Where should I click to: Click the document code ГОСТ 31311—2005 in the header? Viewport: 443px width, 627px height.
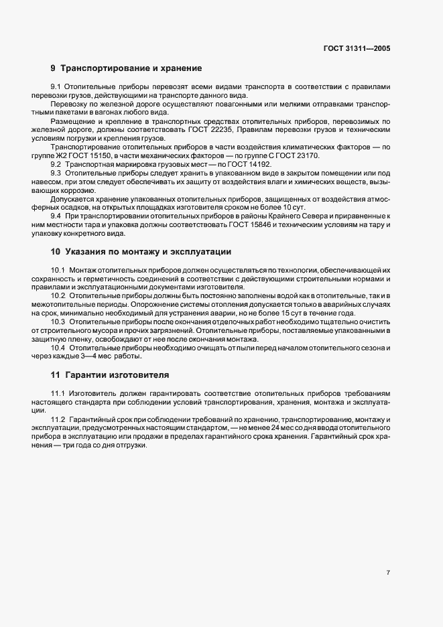[357, 49]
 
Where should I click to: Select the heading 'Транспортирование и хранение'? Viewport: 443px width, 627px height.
[131, 68]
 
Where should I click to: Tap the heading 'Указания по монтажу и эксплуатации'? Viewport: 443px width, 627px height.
[148, 252]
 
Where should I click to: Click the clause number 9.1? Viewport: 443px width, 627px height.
[56, 88]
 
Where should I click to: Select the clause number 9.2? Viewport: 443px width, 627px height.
[56, 164]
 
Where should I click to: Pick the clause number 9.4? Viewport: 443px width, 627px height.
[56, 216]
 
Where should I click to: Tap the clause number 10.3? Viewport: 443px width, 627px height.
[58, 322]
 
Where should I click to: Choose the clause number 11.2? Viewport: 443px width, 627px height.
[58, 419]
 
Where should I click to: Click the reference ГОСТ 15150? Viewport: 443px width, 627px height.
[88, 155]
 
